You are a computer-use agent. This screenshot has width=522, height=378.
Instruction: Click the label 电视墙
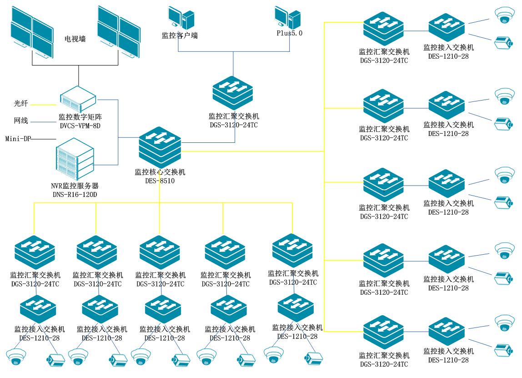tap(75, 40)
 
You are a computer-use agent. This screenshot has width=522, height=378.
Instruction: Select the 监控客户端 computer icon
tap(181, 18)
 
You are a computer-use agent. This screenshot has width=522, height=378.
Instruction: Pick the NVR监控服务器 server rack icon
tap(74, 162)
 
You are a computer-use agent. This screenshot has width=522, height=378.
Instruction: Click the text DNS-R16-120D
tap(75, 194)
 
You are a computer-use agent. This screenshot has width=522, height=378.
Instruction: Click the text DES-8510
tap(160, 181)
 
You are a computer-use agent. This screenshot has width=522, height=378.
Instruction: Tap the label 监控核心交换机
tap(160, 172)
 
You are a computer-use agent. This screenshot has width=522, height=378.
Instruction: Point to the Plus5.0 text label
tap(290, 33)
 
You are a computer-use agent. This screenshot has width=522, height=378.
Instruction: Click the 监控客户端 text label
tap(180, 35)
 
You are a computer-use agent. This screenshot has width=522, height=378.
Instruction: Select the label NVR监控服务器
tap(75, 186)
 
